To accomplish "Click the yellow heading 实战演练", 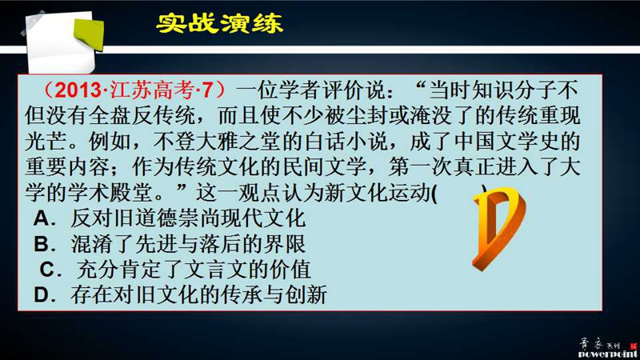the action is point(219,23).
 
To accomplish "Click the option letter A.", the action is point(42,218).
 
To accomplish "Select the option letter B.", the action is point(42,244).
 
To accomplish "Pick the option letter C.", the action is point(48,270).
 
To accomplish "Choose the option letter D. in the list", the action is point(44,295).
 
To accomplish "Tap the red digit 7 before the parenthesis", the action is point(207,90).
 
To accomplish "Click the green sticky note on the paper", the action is point(89,34).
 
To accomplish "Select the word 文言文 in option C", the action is point(216,270).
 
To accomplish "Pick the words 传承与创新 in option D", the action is point(274,295).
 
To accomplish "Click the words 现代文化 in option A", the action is point(264,218).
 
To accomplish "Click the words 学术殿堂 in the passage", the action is point(110,192).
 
